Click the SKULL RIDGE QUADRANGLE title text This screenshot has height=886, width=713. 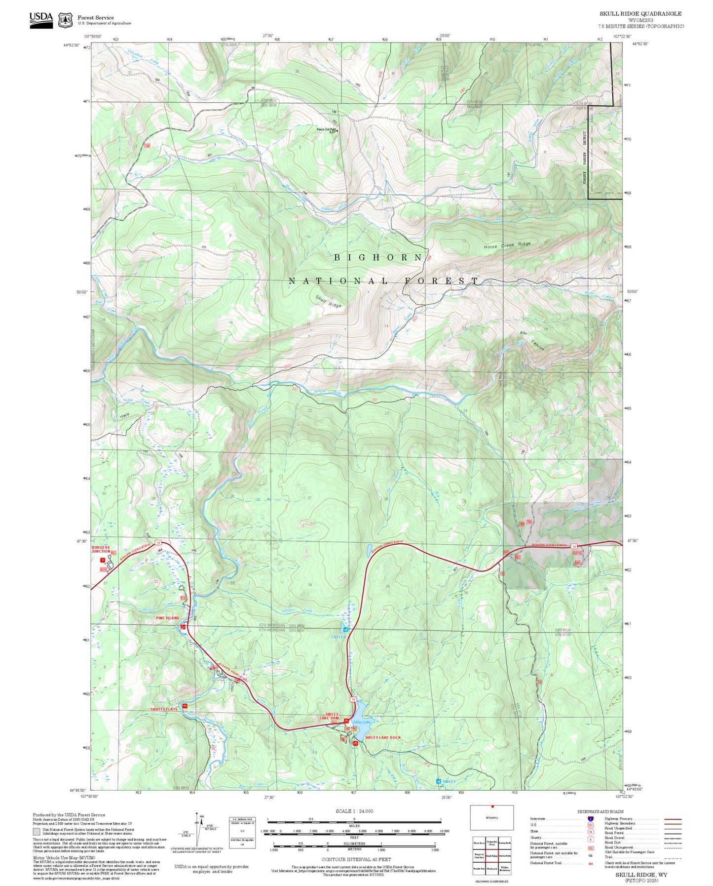coord(640,14)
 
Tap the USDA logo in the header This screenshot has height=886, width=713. coord(41,20)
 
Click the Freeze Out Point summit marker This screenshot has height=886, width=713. coord(337,130)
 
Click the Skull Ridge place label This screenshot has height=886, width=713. coord(328,301)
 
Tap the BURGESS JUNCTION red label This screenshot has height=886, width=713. coord(101,549)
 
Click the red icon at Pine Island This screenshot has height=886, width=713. coord(183,626)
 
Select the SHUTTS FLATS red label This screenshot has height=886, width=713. coord(164,709)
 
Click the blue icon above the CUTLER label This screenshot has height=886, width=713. coord(345,629)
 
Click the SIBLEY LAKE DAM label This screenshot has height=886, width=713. coord(332,716)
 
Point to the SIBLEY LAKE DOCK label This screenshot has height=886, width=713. coord(383,737)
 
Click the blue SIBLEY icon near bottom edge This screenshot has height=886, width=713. coord(439,781)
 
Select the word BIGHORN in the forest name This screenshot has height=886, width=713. coord(378,257)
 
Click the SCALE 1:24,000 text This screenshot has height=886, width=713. coord(354,811)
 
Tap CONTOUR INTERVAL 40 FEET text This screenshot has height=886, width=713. coord(356,859)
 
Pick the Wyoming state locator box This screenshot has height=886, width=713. coord(491,817)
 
